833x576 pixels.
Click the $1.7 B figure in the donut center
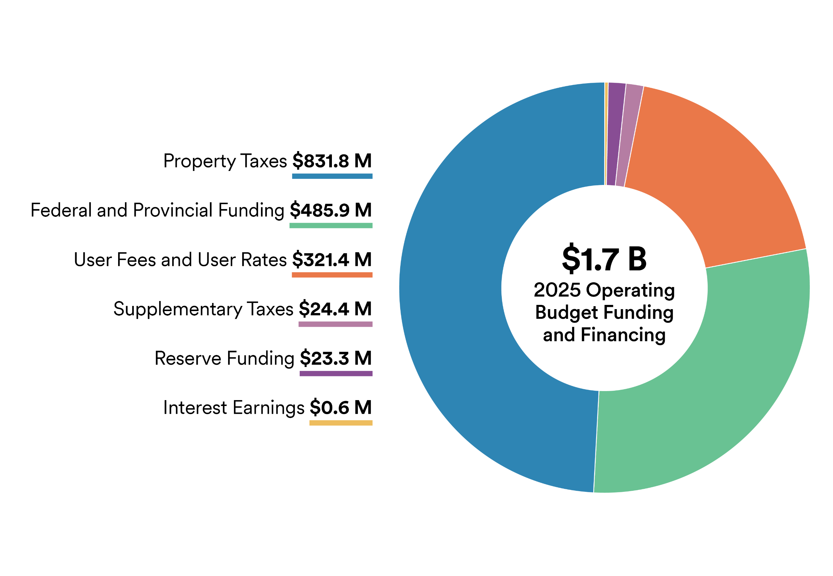coord(604,259)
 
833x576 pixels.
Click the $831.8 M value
coord(332,161)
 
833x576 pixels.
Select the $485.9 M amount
coord(331,210)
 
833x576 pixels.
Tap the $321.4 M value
coord(332,259)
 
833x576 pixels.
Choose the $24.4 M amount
coord(335,309)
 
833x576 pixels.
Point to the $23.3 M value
coord(335,359)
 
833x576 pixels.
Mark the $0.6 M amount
coord(341,408)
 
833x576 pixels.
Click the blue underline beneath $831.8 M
coord(332,176)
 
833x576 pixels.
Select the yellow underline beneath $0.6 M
coord(341,423)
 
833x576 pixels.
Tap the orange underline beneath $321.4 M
coord(332,275)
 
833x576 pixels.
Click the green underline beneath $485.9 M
coord(331,226)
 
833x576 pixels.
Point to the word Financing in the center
coord(623,335)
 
